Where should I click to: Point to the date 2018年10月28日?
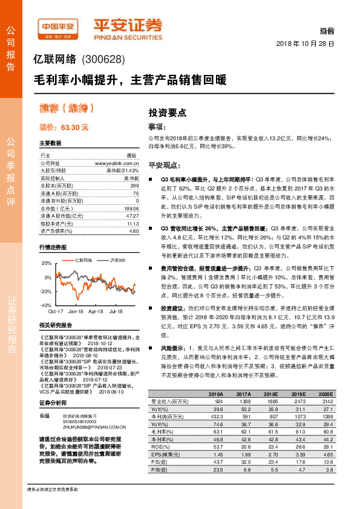click(x=304, y=44)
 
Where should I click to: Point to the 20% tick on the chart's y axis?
click(x=46, y=264)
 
